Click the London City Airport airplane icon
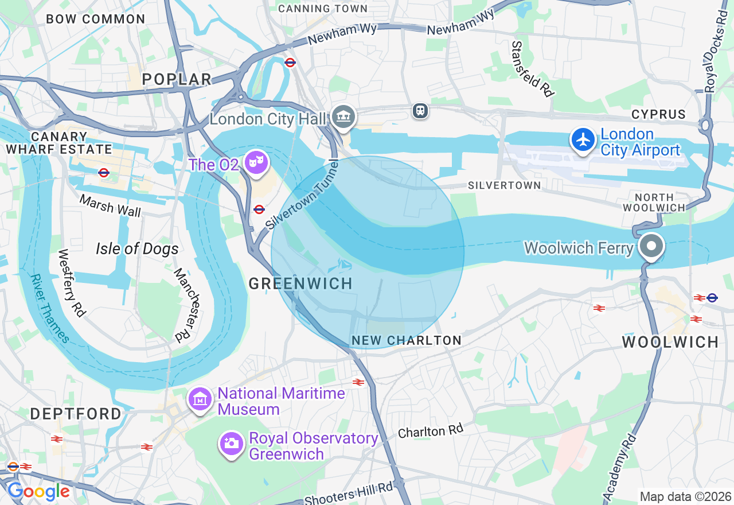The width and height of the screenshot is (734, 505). [x=583, y=140]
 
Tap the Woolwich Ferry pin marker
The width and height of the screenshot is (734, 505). [x=651, y=247]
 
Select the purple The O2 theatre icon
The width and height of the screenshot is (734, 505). [x=255, y=163]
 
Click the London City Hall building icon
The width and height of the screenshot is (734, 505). [x=343, y=118]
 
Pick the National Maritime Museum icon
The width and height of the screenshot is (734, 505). [x=200, y=400]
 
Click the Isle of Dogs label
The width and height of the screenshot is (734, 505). [x=137, y=248]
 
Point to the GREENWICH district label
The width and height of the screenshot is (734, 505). [x=300, y=283]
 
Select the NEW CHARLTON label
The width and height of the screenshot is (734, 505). [x=407, y=340]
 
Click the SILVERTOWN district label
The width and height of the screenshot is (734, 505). [x=504, y=185]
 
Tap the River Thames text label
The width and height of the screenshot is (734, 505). [x=50, y=309]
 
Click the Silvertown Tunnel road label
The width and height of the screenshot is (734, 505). [x=303, y=195]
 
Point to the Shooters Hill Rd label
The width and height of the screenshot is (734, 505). [x=348, y=493]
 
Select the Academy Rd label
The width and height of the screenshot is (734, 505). [x=620, y=466]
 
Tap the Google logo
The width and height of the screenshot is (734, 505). [x=38, y=491]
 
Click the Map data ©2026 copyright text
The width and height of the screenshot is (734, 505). [x=685, y=496]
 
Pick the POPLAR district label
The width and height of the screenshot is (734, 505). [x=177, y=79]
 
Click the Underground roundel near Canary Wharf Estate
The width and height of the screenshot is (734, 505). [x=104, y=172]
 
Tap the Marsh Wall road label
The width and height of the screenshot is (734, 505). [x=110, y=205]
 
